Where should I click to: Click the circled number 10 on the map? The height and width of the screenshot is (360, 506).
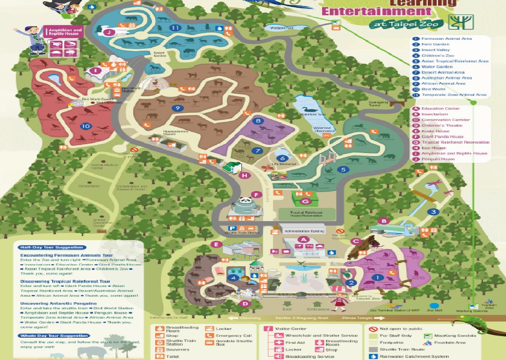tap(86, 126)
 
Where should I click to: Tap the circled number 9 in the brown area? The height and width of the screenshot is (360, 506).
tap(178, 108)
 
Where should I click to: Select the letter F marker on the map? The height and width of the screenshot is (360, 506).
tap(256, 195)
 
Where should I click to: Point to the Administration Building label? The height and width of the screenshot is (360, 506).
tap(304, 231)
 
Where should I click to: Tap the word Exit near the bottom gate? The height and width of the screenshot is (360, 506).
tap(287, 309)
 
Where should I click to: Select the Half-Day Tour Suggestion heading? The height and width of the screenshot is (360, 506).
tap(51, 247)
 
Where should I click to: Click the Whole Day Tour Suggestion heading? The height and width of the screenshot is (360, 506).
tap(54, 336)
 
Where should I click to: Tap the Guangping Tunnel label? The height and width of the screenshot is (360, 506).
tap(379, 103)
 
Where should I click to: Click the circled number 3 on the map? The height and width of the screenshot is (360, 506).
tap(433, 212)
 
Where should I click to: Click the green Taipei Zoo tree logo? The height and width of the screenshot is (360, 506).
tap(461, 21)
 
